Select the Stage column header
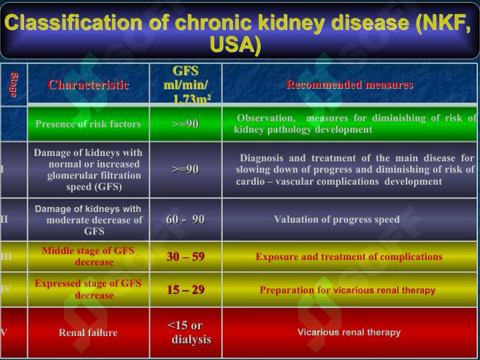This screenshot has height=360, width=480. click(x=14, y=85)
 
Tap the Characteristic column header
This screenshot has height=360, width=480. click(x=88, y=85)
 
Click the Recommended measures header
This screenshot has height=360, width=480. click(x=349, y=85)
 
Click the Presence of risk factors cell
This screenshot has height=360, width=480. click(x=88, y=124)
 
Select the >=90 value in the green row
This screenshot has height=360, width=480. click(x=185, y=124)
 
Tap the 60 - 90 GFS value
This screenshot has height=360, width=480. click(x=185, y=219)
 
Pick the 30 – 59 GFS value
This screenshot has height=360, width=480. click(x=185, y=256)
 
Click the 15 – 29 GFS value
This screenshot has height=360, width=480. click(x=185, y=289)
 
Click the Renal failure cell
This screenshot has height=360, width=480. click(x=88, y=333)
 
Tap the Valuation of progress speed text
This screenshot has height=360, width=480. click(x=337, y=219)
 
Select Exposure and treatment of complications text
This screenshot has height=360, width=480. click(x=349, y=257)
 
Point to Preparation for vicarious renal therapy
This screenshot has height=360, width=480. click(x=347, y=290)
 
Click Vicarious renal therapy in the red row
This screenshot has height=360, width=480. click(x=349, y=332)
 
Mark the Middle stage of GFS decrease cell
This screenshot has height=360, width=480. click(x=88, y=256)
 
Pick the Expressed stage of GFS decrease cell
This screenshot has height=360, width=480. click(x=88, y=289)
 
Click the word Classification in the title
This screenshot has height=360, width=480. click(x=73, y=23)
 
